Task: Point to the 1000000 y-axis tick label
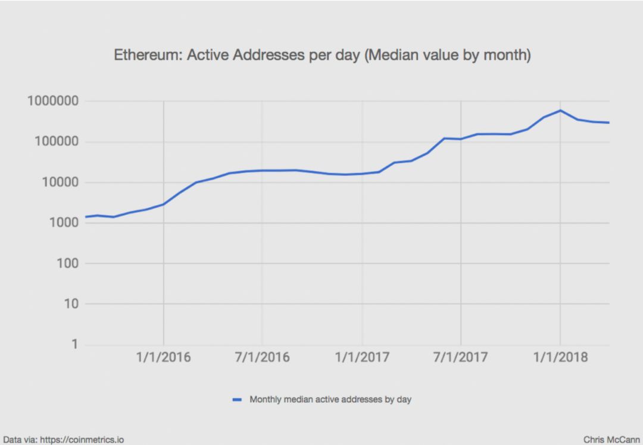click(53, 102)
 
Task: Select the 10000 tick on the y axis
click(60, 183)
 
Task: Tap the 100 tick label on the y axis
click(67, 264)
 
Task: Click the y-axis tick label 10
click(71, 304)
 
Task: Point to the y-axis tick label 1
click(75, 344)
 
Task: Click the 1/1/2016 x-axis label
click(164, 357)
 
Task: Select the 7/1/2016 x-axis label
click(263, 357)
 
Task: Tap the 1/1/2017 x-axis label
click(362, 357)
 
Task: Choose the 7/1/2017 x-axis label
click(461, 357)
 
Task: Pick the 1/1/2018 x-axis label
click(560, 357)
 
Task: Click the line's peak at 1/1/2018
click(560, 111)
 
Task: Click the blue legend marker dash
click(237, 400)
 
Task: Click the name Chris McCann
click(611, 440)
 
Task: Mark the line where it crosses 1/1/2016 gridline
click(164, 204)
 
